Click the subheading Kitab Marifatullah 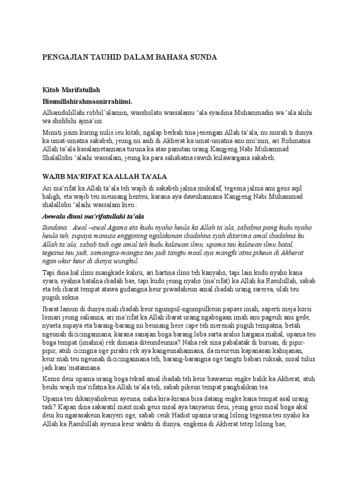pyautogui.click(x=72, y=89)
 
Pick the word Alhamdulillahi pyautogui.click(x=62, y=113)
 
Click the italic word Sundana pyautogui.click(x=55, y=226)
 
